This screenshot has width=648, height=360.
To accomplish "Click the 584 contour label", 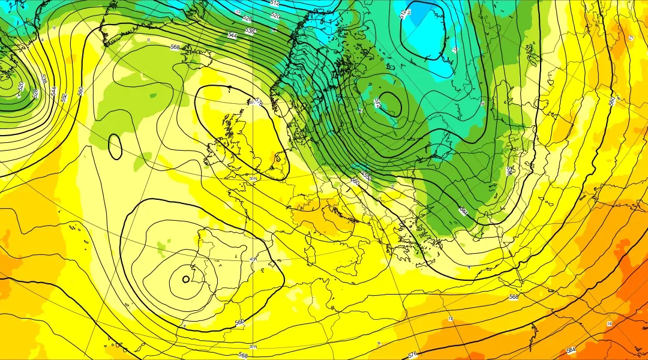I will click(x=571, y=350).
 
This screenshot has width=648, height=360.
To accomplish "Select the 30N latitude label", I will click(x=253, y=346).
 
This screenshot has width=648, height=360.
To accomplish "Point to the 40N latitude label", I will click(x=253, y=259).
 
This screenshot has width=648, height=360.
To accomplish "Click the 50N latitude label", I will click(x=253, y=179).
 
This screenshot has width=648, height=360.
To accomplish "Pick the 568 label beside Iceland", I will click(x=175, y=47).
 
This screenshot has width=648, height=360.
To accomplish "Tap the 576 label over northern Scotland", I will click(x=259, y=101).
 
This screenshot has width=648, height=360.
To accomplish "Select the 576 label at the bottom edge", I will click(x=412, y=355).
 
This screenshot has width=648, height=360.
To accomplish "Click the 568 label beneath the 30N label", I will click(x=243, y=355).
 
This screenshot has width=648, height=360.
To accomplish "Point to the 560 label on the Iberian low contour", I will click(x=239, y=323).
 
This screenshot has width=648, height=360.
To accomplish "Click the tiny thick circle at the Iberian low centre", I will click(x=185, y=279).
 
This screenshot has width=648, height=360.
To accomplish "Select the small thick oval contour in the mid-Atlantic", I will click(x=115, y=146).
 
